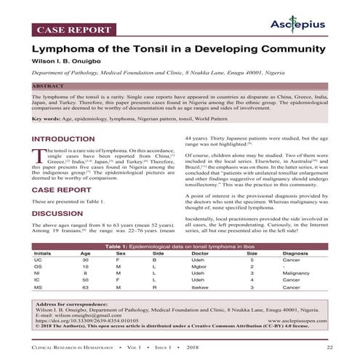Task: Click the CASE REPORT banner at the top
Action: point(68,31)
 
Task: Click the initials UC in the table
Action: point(38,260)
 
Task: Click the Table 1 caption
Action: point(180,247)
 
